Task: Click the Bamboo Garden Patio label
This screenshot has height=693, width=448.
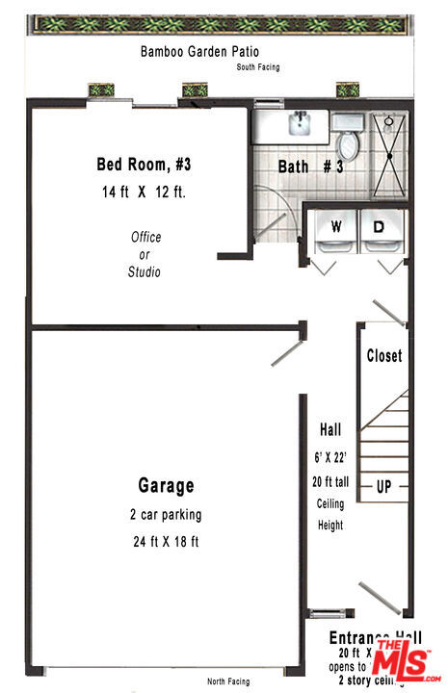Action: click(199, 51)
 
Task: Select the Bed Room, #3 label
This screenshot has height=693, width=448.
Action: click(142, 164)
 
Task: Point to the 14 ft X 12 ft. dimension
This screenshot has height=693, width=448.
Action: click(144, 192)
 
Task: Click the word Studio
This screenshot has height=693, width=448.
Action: click(145, 272)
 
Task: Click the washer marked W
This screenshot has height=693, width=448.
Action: click(336, 231)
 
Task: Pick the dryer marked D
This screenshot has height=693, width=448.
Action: click(381, 231)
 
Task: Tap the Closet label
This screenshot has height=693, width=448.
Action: click(383, 356)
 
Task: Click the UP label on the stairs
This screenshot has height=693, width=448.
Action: click(383, 486)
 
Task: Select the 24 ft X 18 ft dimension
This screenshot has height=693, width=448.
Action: click(166, 541)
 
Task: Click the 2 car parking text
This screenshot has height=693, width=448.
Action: click(166, 514)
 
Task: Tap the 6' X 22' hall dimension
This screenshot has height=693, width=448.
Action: click(329, 456)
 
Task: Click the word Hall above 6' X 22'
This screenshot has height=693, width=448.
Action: click(329, 429)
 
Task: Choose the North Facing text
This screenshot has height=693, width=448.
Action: click(229, 681)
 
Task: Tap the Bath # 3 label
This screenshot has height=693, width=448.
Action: click(310, 167)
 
